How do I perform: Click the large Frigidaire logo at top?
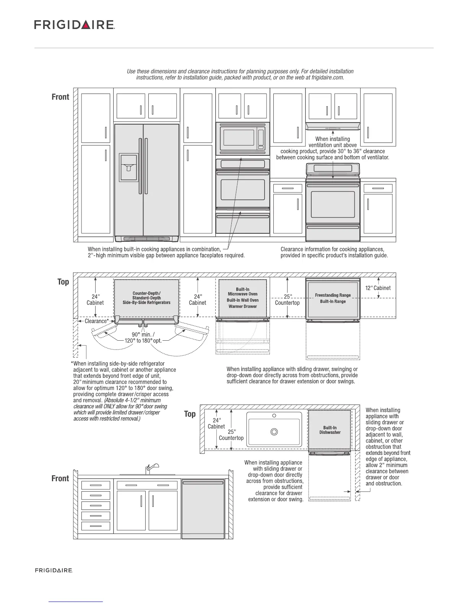75,25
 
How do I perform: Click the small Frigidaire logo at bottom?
54,570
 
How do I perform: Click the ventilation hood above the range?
333,126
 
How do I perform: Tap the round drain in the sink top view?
274,432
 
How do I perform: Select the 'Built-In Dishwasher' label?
330,430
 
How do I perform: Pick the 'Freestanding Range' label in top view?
333,295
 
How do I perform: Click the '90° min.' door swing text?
143,335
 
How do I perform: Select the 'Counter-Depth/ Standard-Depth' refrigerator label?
146,296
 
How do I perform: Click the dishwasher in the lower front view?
203,509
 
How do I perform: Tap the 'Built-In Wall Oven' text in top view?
242,300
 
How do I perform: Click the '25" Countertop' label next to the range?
288,299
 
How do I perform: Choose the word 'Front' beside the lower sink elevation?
60,479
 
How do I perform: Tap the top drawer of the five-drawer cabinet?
96,485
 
